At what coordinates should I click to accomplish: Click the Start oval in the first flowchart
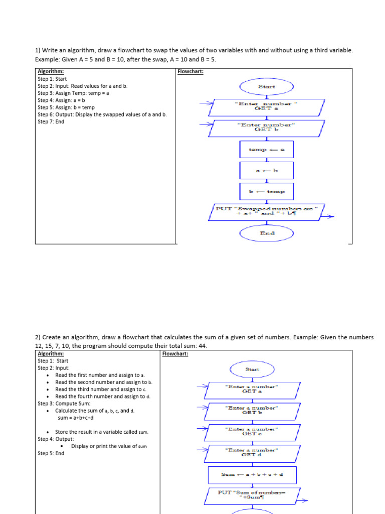pos(266,86)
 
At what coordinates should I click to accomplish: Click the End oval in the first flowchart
pos(266,233)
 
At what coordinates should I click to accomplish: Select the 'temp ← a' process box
pos(266,149)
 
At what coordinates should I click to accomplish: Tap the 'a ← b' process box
pos(266,170)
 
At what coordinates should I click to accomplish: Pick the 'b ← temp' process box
pos(266,191)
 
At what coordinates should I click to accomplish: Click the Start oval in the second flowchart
pos(252,369)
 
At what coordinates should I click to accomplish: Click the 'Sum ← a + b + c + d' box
pos(252,475)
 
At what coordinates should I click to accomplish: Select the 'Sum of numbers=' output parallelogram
pos(252,496)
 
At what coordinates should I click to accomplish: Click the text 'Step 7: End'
pos(51,121)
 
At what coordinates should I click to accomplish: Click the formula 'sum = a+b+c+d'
pos(76,418)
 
